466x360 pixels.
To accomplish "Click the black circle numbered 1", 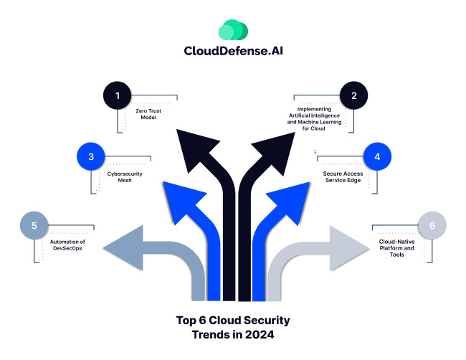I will (118, 95).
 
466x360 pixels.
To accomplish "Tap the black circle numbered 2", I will (353, 95).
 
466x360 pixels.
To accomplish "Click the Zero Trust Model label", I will (148, 114).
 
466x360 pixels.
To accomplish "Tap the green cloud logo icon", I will (233, 30).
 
